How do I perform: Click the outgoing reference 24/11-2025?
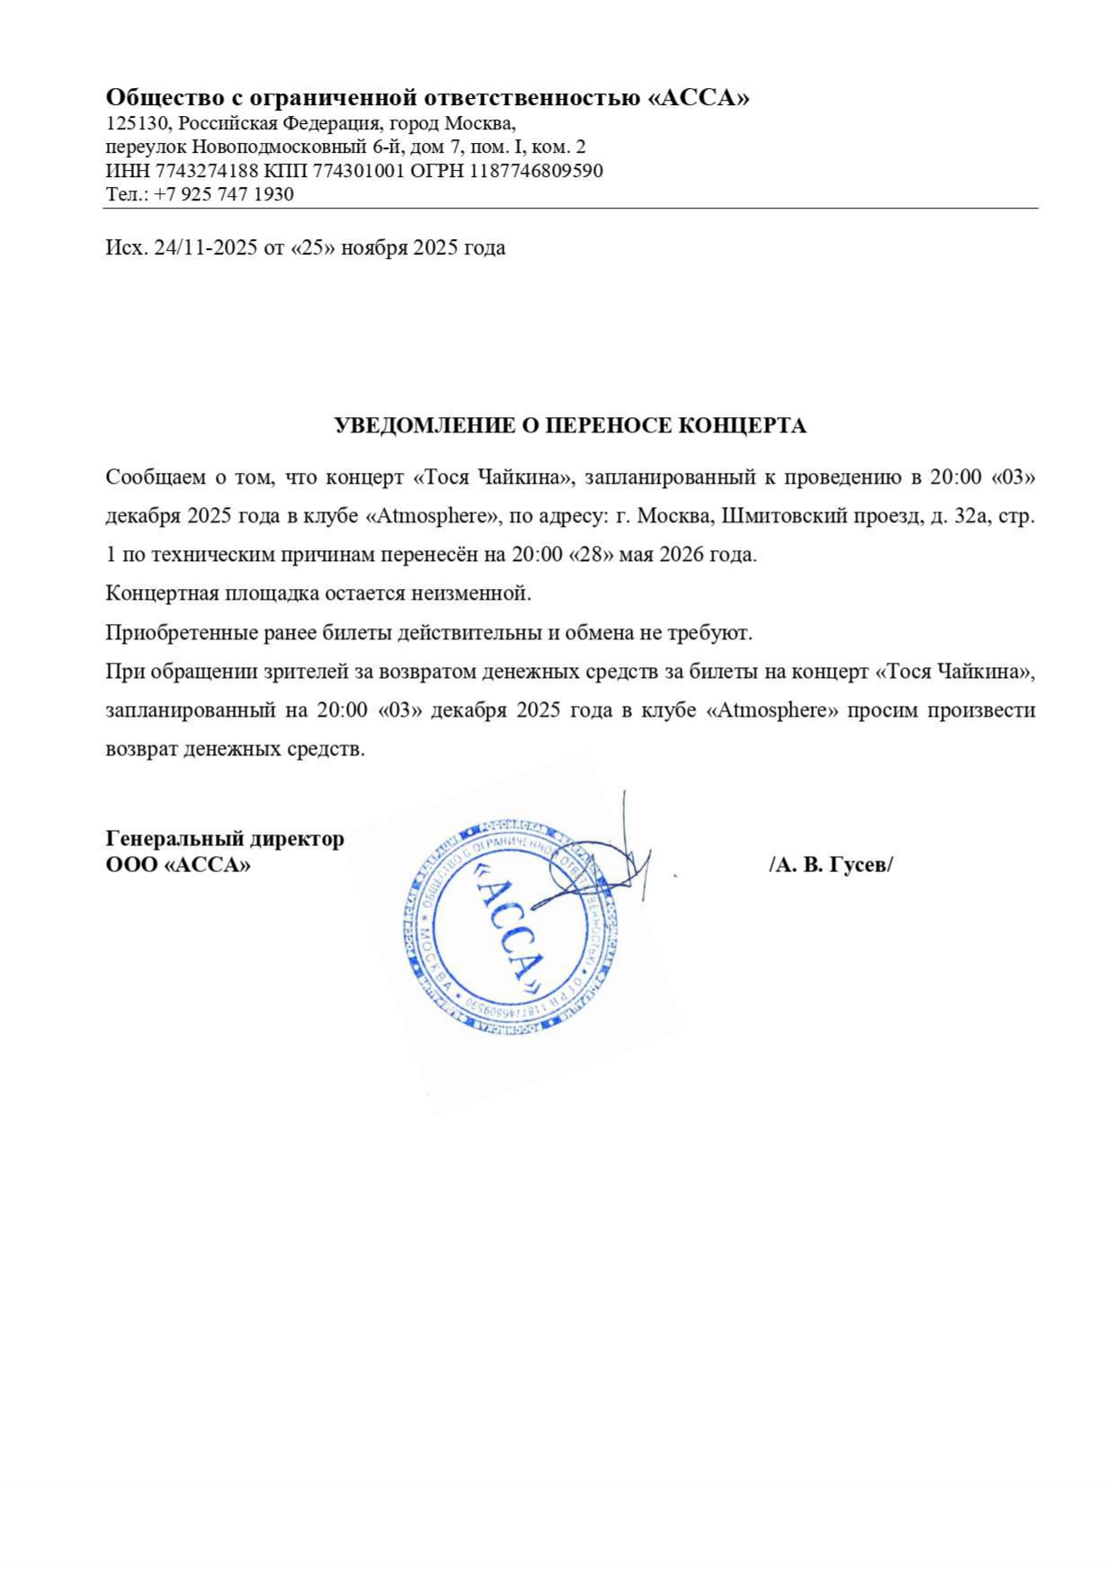click(x=206, y=248)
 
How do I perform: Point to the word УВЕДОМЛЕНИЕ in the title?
click(x=425, y=426)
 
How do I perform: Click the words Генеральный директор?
click(x=225, y=839)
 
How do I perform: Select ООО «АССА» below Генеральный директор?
click(x=178, y=865)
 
